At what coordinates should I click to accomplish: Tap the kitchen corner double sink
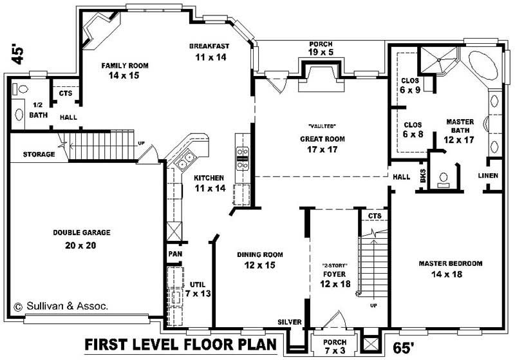tap(188, 156)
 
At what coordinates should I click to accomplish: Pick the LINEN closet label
tap(487, 176)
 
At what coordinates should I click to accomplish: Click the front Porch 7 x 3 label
tap(335, 346)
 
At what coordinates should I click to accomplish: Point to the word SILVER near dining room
tap(288, 321)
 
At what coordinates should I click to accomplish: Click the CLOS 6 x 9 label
tap(409, 86)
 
